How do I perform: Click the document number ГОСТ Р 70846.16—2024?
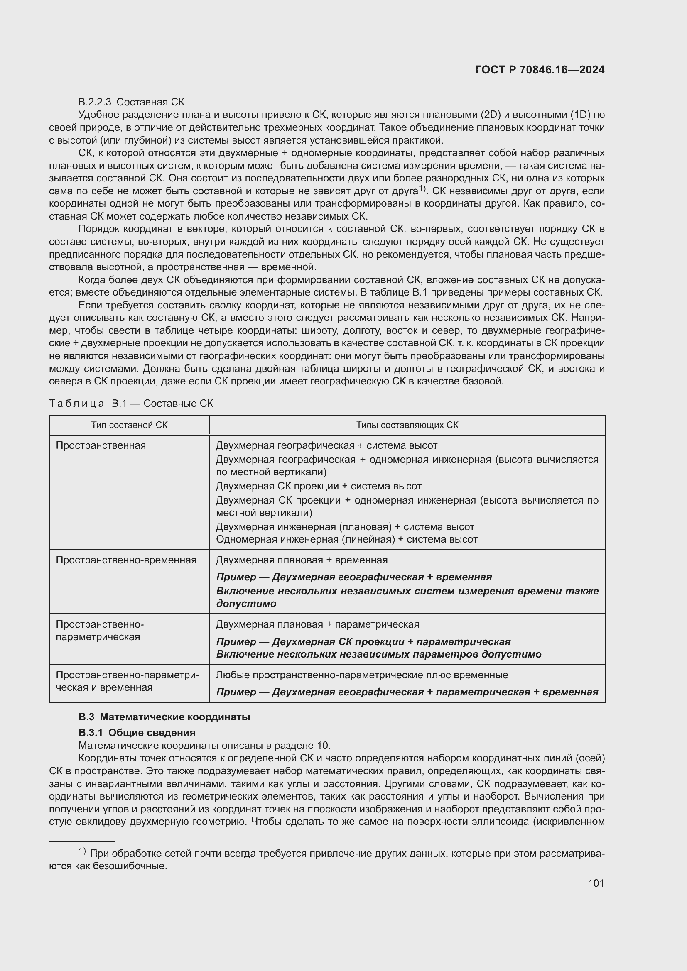click(x=540, y=70)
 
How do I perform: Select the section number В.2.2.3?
click(x=95, y=102)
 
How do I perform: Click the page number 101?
click(x=596, y=883)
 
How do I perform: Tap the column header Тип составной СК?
click(x=129, y=425)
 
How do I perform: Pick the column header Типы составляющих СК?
click(x=407, y=425)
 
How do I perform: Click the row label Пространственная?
click(x=101, y=445)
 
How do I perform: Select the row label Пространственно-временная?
click(x=126, y=560)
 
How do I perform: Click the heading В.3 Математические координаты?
click(x=164, y=717)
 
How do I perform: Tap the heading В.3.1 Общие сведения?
click(x=137, y=732)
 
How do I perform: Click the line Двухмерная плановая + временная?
click(x=302, y=560)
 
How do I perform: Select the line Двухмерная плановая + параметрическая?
click(x=317, y=624)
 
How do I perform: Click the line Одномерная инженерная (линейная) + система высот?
click(x=346, y=539)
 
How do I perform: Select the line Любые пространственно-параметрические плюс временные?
click(x=362, y=675)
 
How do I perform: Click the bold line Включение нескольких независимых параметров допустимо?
click(x=379, y=654)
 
